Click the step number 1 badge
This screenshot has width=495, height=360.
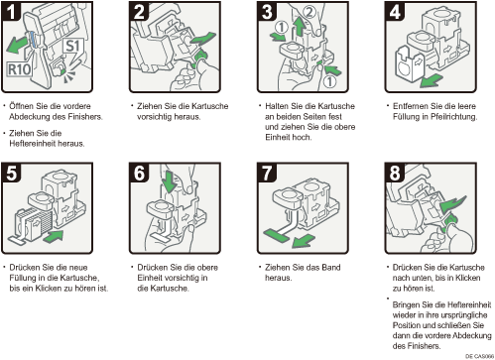pyautogui.click(x=11, y=11)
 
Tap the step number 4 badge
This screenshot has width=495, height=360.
pyautogui.click(x=395, y=11)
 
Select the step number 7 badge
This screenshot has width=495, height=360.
pyautogui.click(x=267, y=173)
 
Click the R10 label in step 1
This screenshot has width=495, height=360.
pyautogui.click(x=20, y=69)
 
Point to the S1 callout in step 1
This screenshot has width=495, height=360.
pyautogui.click(x=72, y=47)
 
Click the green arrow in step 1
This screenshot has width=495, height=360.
pyautogui.click(x=17, y=45)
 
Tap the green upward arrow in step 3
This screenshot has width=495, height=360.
pyautogui.click(x=300, y=27)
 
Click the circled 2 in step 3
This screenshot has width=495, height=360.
pyautogui.click(x=309, y=12)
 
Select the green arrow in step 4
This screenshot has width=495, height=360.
pyautogui.click(x=432, y=80)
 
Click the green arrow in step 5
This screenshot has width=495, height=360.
pyautogui.click(x=53, y=236)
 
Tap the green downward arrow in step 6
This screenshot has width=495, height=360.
pyautogui.click(x=170, y=181)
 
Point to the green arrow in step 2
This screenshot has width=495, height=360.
pyautogui.click(x=202, y=40)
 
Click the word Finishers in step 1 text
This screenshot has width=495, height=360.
pyautogui.click(x=85, y=117)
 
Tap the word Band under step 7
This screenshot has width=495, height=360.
pyautogui.click(x=331, y=267)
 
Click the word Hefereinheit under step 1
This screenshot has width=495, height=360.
pyautogui.click(x=47, y=144)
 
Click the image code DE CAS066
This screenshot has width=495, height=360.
pyautogui.click(x=479, y=356)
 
